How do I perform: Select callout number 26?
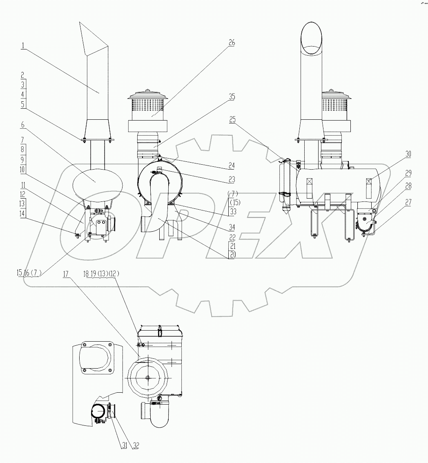pos(232,42)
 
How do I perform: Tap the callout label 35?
pos(232,97)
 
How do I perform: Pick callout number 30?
pos(408,154)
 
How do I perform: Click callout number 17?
pos(66,275)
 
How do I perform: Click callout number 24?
pos(232,166)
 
